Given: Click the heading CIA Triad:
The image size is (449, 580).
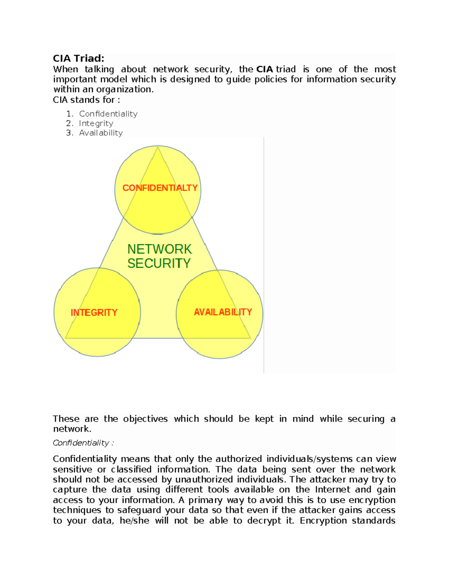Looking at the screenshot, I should click(78, 58).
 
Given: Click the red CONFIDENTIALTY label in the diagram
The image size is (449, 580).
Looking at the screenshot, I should click(160, 188).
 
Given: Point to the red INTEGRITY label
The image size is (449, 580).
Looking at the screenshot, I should click(94, 313).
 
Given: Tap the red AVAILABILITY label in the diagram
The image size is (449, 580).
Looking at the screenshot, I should click(223, 312).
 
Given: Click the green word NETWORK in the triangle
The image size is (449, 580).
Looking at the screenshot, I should click(159, 249).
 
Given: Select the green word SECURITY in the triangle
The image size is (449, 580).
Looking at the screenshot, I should click(159, 263).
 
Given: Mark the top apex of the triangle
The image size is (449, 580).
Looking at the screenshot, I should click(158, 147).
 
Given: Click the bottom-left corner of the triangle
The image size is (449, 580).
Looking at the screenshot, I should click(66, 338).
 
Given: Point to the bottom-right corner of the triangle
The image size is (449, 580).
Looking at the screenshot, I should click(250, 338).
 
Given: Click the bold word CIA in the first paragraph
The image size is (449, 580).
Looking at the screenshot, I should click(265, 69).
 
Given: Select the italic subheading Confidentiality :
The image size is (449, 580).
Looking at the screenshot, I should click(83, 443).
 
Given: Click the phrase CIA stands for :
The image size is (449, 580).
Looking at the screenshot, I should click(86, 100).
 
